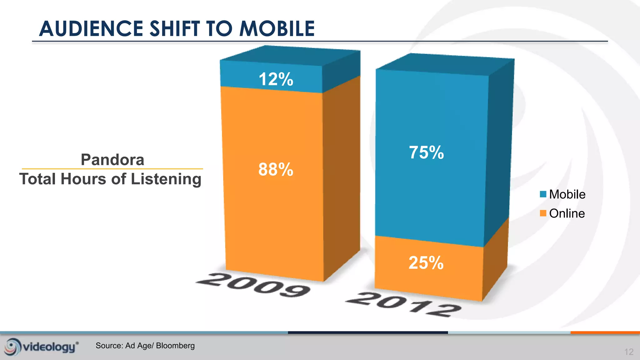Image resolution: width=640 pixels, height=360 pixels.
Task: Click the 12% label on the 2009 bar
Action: pyautogui.click(x=276, y=79)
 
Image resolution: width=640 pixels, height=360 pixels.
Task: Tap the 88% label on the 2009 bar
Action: pyautogui.click(x=276, y=169)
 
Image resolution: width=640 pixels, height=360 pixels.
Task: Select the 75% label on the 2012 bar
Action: pyautogui.click(x=427, y=152)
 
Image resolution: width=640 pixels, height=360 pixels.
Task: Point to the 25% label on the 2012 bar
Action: pyautogui.click(x=426, y=262)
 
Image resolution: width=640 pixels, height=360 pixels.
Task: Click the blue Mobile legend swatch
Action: pyautogui.click(x=543, y=194)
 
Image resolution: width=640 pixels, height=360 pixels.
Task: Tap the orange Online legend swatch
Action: pyautogui.click(x=543, y=213)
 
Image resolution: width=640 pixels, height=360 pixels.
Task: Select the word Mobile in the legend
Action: pyautogui.click(x=567, y=194)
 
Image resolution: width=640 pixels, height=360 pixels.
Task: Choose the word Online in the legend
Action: pyautogui.click(x=567, y=213)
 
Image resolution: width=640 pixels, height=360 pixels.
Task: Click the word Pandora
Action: pyautogui.click(x=112, y=160)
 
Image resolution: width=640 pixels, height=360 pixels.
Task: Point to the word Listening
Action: pyautogui.click(x=166, y=179)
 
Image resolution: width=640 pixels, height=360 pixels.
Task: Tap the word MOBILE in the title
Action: pyautogui.click(x=277, y=28)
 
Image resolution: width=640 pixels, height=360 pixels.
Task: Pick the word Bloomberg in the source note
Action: pyautogui.click(x=175, y=346)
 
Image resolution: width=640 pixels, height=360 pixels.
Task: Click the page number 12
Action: pyautogui.click(x=629, y=352)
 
